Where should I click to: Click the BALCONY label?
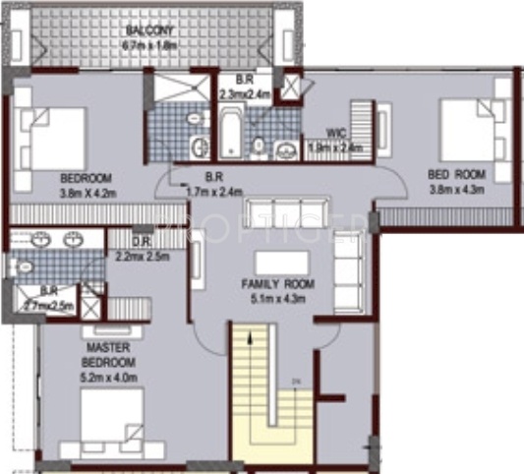click(x=148, y=30)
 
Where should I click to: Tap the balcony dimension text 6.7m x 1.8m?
click(x=148, y=44)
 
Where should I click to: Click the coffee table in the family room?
click(x=281, y=262)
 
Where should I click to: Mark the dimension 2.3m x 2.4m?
click(x=245, y=94)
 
